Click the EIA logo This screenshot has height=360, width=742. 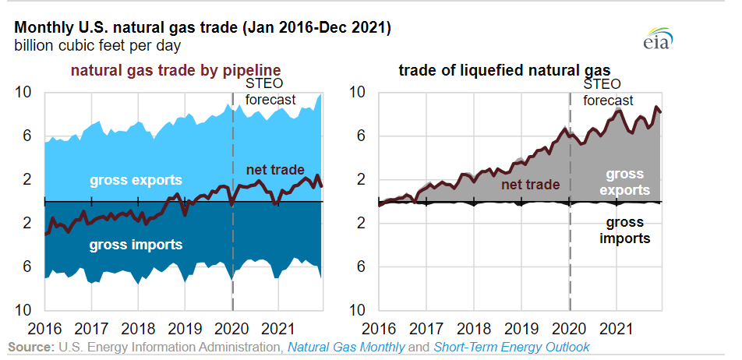(659, 41)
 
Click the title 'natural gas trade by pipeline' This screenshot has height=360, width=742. (175, 70)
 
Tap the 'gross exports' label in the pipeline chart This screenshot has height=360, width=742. (135, 181)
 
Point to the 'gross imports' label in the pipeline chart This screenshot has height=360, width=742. (136, 245)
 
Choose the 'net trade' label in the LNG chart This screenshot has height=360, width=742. (530, 185)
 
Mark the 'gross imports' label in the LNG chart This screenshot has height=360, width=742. (624, 231)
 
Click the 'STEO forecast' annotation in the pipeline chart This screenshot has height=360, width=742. (270, 92)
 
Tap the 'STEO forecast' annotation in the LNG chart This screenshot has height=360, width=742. (609, 92)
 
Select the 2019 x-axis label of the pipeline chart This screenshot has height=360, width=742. (185, 327)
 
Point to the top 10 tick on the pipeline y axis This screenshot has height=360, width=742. (23, 92)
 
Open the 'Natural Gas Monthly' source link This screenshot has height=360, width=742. (346, 347)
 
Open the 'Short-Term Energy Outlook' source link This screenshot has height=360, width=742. (511, 347)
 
